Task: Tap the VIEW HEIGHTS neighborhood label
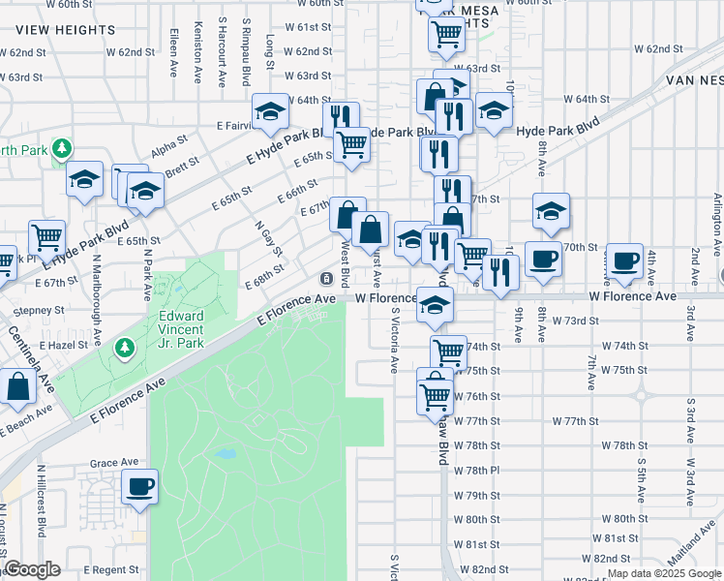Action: [x=66, y=30]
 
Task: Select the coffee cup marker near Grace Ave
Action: [x=140, y=486]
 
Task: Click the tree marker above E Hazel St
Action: [x=124, y=348]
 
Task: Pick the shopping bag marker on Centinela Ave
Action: [x=18, y=388]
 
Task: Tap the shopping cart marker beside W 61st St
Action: [x=446, y=35]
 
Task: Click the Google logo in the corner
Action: [x=32, y=570]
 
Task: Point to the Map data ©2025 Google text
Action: [x=664, y=573]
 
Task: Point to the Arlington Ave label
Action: [x=717, y=223]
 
